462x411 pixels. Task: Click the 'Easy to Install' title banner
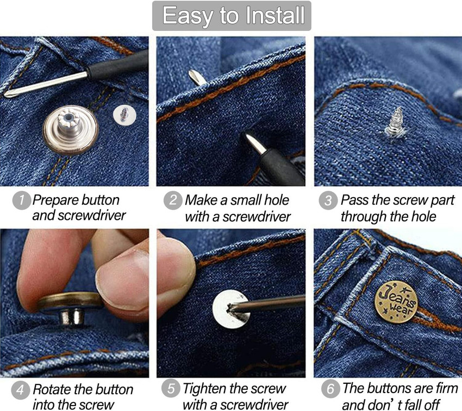(x=232, y=16)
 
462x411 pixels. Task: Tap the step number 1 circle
(x=22, y=200)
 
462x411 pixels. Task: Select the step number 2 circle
(x=173, y=200)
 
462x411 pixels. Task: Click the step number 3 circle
(x=328, y=200)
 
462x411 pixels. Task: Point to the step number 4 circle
(x=20, y=390)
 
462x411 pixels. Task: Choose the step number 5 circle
(x=171, y=388)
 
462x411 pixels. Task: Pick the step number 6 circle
(x=330, y=389)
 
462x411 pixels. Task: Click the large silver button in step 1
(x=71, y=130)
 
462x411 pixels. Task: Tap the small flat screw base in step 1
(x=124, y=114)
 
